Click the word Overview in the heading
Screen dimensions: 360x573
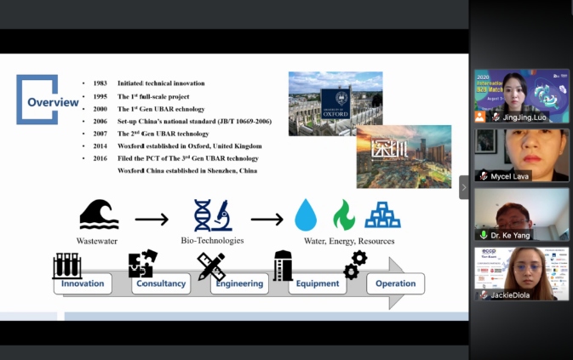[53, 103]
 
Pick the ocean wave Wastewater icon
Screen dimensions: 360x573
[99, 214]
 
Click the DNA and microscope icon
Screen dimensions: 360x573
[213, 215]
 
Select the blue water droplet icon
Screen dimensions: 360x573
[306, 215]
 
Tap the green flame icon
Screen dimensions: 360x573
[344, 215]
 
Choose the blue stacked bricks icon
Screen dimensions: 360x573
[382, 215]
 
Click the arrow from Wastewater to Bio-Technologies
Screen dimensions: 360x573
[152, 220]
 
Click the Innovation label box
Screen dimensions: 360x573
[83, 283]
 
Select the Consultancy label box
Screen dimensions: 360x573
[161, 283]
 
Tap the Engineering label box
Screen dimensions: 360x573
[239, 283]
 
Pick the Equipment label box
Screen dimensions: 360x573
[318, 283]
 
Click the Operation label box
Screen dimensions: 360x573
[395, 283]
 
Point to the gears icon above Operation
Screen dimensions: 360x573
[355, 264]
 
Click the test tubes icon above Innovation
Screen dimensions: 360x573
[67, 266]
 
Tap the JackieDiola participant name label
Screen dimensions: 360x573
[508, 295]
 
